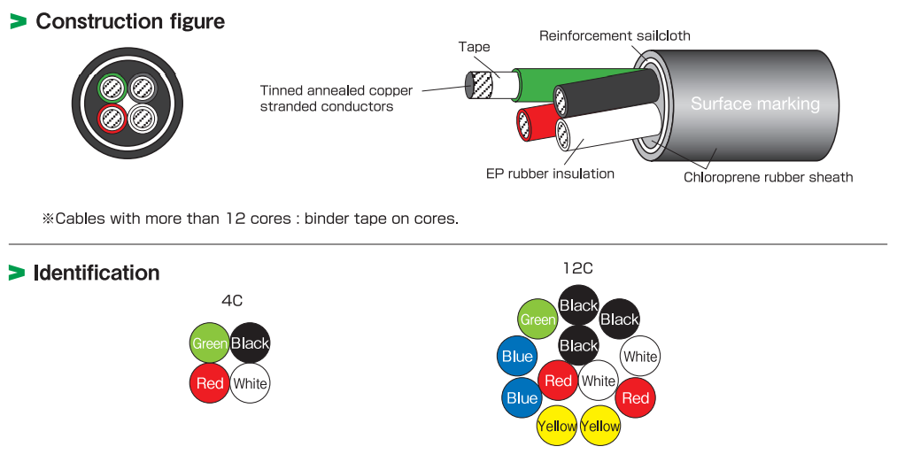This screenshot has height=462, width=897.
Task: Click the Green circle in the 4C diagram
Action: pyautogui.click(x=210, y=343)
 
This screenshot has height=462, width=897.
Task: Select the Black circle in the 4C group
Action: pyautogui.click(x=250, y=343)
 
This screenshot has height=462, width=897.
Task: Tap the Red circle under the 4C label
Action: pyautogui.click(x=210, y=383)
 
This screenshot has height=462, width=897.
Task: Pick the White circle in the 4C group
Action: pyautogui.click(x=250, y=384)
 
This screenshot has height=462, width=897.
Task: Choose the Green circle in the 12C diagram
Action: pyautogui.click(x=537, y=320)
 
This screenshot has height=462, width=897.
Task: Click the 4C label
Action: pyautogui.click(x=232, y=301)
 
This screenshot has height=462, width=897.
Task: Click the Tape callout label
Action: pyautogui.click(x=474, y=47)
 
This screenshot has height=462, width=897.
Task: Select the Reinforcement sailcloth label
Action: pyautogui.click(x=615, y=35)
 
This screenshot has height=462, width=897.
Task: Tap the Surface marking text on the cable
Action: pyautogui.click(x=754, y=104)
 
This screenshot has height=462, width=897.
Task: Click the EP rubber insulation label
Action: pyautogui.click(x=550, y=173)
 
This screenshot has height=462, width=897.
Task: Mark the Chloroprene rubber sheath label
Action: pyautogui.click(x=768, y=177)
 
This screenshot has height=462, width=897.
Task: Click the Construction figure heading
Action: pyautogui.click(x=130, y=21)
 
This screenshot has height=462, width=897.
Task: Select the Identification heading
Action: pyautogui.click(x=97, y=273)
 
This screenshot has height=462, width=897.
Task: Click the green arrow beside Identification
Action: pyautogui.click(x=17, y=273)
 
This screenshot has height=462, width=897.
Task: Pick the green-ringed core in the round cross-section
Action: pyautogui.click(x=112, y=88)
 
